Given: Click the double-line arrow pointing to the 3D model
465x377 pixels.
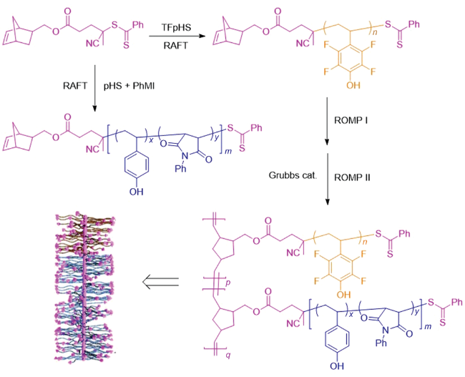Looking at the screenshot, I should [161, 284].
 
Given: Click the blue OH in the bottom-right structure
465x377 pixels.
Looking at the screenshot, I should [334, 368].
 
